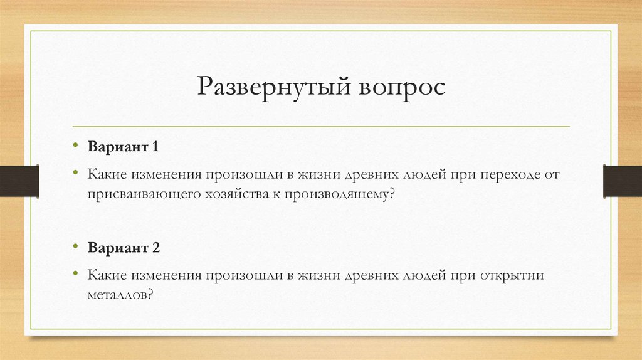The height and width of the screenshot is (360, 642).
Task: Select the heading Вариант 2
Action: tap(124, 247)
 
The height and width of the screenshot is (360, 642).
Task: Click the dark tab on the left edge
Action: tap(19, 181)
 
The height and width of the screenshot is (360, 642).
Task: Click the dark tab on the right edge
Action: tap(623, 181)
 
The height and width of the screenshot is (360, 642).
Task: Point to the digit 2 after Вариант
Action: tap(155, 247)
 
